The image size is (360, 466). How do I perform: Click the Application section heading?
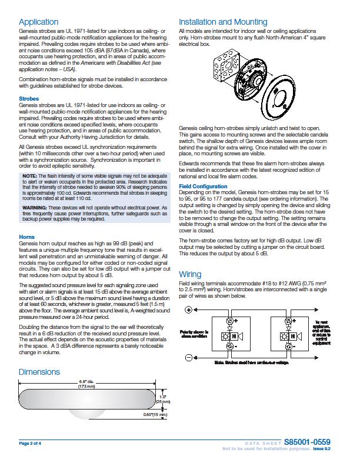pos(38,22)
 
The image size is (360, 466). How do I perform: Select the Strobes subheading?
pos(29,99)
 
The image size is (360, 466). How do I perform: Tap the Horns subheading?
pos(26,237)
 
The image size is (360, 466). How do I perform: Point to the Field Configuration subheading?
pos(204,187)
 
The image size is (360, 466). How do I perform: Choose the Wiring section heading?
pos(190,274)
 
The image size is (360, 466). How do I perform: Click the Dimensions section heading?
pos(39,372)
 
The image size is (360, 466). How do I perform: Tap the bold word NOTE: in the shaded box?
pos(30,177)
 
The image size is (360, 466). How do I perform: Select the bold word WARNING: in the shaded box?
pos(35,208)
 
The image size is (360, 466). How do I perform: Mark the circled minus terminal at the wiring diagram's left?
pos(189,357)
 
